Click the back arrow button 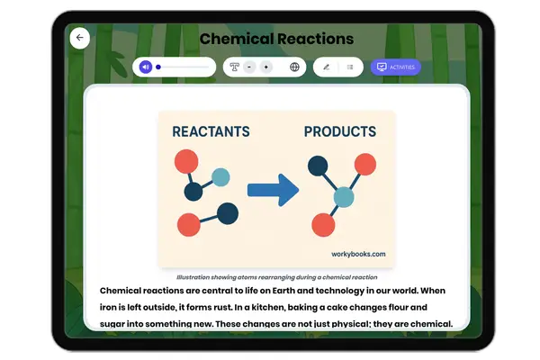80,38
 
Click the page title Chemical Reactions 276,39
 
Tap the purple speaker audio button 145,67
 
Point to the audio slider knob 158,67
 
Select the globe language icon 294,67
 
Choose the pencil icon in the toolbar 326,67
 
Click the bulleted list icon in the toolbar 350,67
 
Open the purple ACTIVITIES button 396,67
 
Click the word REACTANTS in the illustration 211,132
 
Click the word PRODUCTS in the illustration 339,132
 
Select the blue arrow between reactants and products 273,190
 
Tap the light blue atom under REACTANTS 220,176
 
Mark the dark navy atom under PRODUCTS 317,166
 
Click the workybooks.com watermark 358,254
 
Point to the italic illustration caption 276,277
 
